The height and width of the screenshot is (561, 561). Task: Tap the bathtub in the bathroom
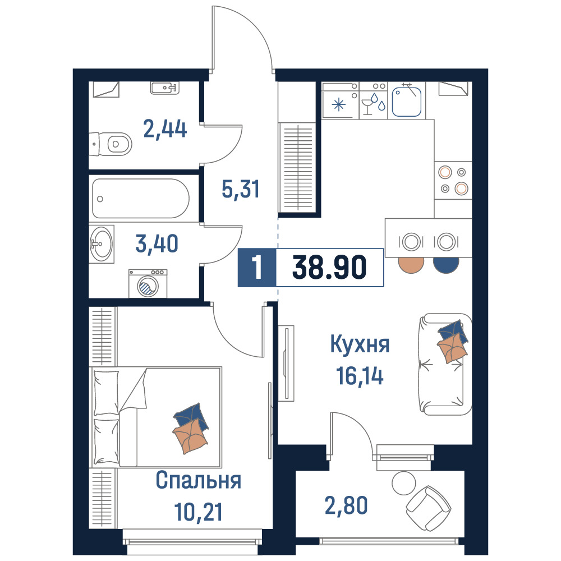141,198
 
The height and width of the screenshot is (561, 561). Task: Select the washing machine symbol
148,283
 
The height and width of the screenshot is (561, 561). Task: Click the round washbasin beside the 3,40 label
101,244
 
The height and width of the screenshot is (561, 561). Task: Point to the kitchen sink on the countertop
406,100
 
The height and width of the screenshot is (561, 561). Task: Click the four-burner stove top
453,180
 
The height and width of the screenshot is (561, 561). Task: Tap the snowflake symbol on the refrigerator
338,105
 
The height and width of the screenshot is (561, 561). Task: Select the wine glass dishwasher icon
374,104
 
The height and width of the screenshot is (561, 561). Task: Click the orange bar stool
411,265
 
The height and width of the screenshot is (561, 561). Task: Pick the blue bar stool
446,265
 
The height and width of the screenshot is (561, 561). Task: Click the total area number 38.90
329,267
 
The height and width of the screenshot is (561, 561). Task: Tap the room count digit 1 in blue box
257,267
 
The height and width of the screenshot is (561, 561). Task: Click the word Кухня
360,344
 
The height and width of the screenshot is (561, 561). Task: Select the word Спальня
198,480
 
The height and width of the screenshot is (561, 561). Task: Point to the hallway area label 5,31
241,189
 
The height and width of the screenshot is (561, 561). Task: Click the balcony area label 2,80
346,505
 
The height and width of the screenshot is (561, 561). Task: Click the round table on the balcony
403,483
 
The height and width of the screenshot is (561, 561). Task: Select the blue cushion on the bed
191,416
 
